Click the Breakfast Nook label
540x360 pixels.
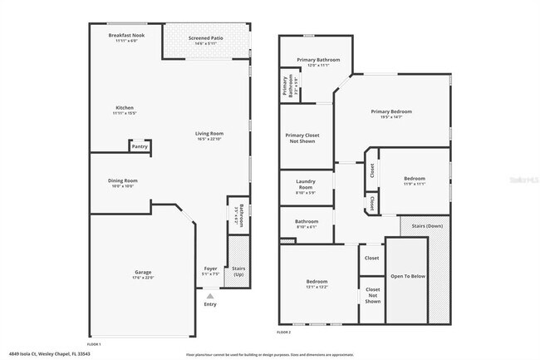[126, 35]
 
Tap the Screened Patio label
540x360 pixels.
[205, 38]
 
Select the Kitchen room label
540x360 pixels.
[125, 108]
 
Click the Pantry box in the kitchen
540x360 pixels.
[140, 146]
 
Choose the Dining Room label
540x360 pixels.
[122, 181]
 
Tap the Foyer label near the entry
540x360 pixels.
[211, 269]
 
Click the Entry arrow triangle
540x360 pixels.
[210, 294]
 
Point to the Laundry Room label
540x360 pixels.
[306, 188]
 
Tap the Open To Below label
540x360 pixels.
[408, 276]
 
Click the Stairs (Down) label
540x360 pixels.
[424, 225]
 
